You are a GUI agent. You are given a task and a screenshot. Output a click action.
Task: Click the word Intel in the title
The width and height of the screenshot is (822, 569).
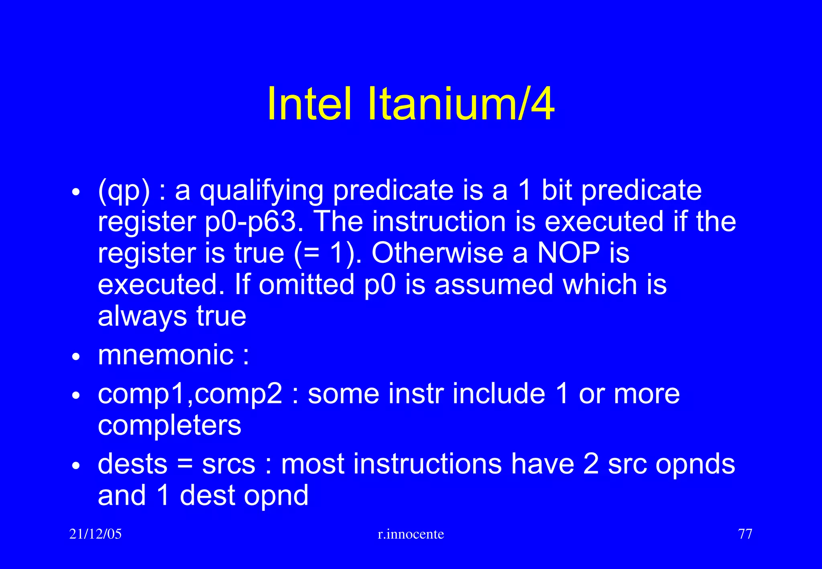pos(309,104)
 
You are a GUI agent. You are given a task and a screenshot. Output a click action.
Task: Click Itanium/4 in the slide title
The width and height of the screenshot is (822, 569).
pos(461,104)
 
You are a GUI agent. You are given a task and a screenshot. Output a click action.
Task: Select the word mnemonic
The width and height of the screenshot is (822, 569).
pos(166,355)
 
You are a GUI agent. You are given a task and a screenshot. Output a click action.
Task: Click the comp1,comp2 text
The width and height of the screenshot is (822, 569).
pos(190,394)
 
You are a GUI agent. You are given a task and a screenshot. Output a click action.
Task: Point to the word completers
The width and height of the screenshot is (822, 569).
pos(169,425)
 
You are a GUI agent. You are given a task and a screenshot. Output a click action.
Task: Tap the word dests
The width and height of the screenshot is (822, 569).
pos(132,464)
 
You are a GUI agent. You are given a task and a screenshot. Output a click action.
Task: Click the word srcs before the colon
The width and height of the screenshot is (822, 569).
pos(228,464)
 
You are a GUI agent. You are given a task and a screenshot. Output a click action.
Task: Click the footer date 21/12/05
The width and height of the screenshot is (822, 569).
pos(96,534)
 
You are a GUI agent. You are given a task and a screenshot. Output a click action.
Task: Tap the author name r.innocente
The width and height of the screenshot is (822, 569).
pos(411,534)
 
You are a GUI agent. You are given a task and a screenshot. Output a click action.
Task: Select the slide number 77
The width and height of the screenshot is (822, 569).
pos(745,534)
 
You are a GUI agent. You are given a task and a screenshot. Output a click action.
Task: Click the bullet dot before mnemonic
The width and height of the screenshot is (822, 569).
pos(76,356)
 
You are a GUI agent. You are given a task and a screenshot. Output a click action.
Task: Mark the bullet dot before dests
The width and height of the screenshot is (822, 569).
pos(76,466)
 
